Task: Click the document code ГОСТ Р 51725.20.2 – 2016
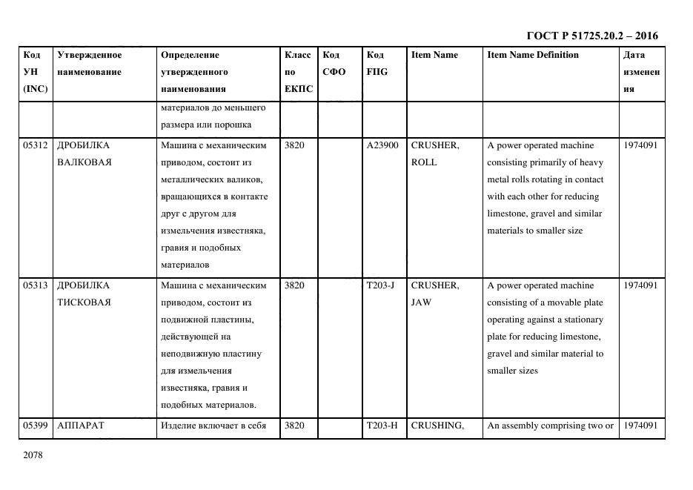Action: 591,36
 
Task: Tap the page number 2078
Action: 34,454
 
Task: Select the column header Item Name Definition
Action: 533,55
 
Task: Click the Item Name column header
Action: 434,55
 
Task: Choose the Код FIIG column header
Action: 377,63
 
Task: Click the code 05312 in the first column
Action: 36,145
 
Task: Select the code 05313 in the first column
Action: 36,285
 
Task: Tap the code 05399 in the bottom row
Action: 36,426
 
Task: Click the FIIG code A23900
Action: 382,145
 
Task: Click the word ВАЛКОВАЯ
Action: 84,162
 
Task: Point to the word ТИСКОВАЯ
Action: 84,302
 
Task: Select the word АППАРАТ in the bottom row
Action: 81,426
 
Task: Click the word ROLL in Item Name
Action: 424,162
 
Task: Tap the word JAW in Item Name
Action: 421,302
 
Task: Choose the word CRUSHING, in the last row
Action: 437,426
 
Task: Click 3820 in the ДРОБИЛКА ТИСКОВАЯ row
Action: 294,285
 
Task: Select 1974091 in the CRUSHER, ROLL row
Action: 640,145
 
